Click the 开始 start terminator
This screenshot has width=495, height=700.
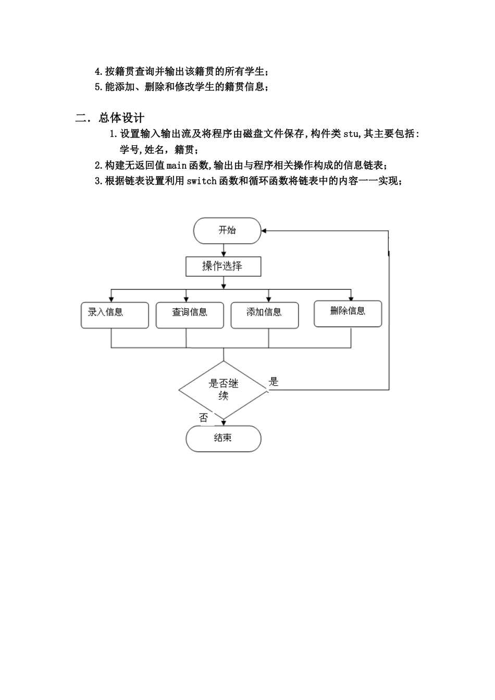point(227,231)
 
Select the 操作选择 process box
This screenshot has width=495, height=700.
point(223,266)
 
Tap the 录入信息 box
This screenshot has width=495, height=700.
point(115,315)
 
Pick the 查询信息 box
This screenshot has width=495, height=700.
point(190,315)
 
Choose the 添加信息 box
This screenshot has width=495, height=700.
point(265,315)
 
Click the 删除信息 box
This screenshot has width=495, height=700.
point(348,314)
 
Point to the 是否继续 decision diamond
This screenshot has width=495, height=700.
point(223,390)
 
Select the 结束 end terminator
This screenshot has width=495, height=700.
point(223,439)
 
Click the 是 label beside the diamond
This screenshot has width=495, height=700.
point(274,382)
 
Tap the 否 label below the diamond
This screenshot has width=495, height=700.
point(204,418)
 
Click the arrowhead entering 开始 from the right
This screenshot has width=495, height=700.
point(264,231)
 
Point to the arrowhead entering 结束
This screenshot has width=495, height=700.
point(223,423)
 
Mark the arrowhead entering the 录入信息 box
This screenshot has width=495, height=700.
point(111,299)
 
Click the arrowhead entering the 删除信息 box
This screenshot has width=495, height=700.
point(351,298)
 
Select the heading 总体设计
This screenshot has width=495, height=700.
point(121,118)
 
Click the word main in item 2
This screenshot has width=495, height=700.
point(177,165)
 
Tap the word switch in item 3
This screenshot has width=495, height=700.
point(202,181)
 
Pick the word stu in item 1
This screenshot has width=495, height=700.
point(351,134)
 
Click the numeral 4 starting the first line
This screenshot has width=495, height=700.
point(97,72)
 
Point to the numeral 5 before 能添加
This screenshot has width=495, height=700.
point(97,87)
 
